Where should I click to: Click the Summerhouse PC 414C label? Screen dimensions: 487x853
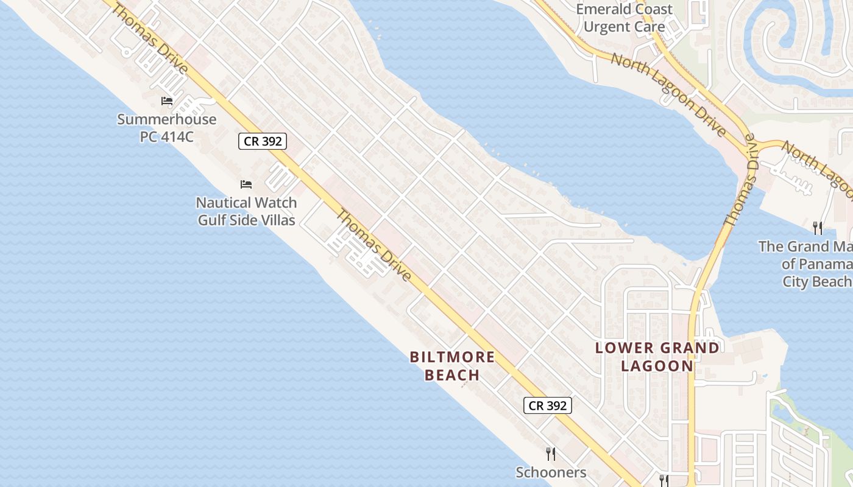coord(166,127)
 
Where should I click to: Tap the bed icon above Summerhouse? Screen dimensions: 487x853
coord(166,100)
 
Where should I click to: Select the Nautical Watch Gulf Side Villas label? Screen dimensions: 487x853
coord(246,211)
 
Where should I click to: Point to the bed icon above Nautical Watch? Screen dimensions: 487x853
coord(246,184)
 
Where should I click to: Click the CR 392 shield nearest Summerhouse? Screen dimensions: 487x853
coord(262,142)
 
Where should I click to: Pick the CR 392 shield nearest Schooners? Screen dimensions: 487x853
coord(547,405)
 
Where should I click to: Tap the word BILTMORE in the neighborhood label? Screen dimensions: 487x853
coord(452,357)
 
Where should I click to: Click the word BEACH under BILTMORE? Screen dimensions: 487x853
coord(452,374)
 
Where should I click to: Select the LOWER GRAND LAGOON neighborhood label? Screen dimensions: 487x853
coord(657,357)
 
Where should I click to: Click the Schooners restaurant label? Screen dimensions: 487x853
coord(551,472)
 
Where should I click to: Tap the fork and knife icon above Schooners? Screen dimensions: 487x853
coord(551,454)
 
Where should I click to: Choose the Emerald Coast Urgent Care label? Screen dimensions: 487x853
coord(624,18)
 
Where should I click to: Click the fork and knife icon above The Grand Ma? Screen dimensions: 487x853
coord(818,228)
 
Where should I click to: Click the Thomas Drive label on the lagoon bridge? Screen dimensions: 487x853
coord(742,186)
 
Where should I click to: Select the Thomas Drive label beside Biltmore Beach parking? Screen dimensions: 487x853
coord(373,245)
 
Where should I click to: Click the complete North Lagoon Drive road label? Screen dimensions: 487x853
coord(668,93)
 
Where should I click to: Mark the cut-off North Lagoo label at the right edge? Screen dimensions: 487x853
coord(818,170)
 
